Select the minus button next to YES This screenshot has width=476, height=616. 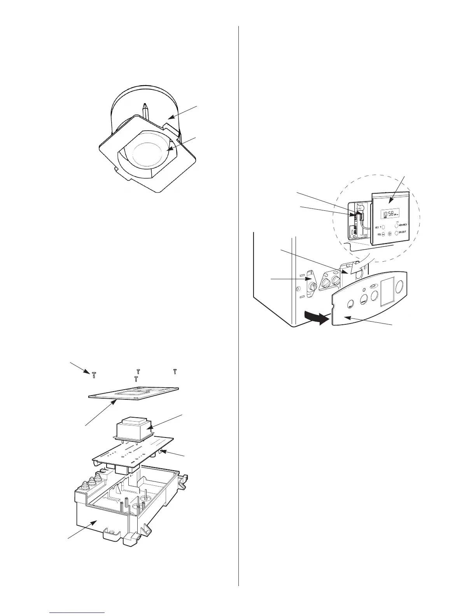click(x=383, y=234)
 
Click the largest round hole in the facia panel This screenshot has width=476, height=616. click(x=399, y=288)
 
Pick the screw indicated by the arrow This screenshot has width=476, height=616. click(x=94, y=374)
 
